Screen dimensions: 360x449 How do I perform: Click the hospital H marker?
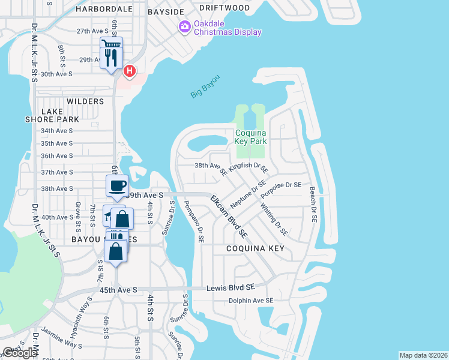pos(129,72)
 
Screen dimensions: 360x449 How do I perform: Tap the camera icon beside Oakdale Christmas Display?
pos(184,26)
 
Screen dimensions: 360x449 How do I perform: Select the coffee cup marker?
pos(117,185)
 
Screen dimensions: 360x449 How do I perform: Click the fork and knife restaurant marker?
pos(111,58)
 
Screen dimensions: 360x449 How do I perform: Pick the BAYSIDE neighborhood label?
pos(166,11)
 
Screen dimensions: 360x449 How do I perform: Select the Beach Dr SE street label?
pos(313,204)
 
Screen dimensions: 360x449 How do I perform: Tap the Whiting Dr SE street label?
pos(273,219)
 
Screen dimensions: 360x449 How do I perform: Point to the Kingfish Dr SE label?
pos(248,164)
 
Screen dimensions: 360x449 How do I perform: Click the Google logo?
pos(20,352)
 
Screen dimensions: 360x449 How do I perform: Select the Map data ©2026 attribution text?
pos(423,355)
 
